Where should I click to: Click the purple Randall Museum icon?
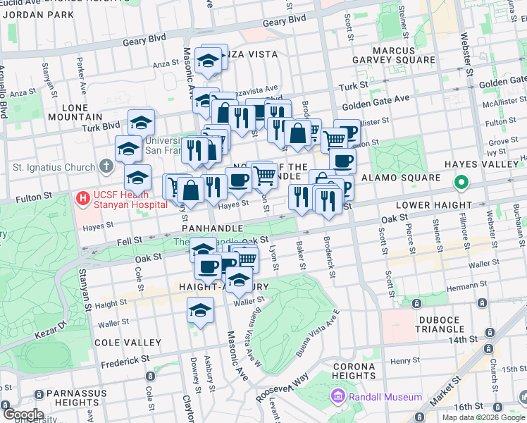pyautogui.click(x=337, y=397)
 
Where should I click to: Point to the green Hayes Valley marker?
pyautogui.click(x=461, y=184)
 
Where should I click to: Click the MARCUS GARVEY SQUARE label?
pyautogui.click(x=394, y=55)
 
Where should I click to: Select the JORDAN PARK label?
pyautogui.click(x=37, y=14)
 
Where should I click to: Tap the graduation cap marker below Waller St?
pyautogui.click(x=201, y=310)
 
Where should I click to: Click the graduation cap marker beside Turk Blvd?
pyautogui.click(x=141, y=122)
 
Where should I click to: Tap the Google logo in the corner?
pyautogui.click(x=23, y=415)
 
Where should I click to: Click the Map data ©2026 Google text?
pyautogui.click(x=483, y=417)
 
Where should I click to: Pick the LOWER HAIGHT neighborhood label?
pyautogui.click(x=433, y=205)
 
